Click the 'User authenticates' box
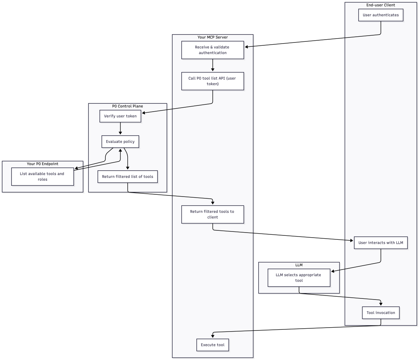coord(381,15)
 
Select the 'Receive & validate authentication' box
coord(213,50)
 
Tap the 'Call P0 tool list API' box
coord(213,81)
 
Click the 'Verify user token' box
coord(120,116)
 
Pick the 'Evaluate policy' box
coord(120,141)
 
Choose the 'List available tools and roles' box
coord(42,176)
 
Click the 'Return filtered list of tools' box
coord(127,176)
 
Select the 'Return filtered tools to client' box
coord(213,214)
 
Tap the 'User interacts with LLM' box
coord(381,243)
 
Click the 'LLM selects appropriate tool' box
coord(299,278)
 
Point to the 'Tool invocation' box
coord(381,312)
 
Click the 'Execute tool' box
coord(213,345)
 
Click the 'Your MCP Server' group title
coord(213,37)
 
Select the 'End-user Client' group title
coord(381,5)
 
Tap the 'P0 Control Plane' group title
coord(127,106)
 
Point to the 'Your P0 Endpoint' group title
coord(42,164)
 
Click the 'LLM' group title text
coord(299,265)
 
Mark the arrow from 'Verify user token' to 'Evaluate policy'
coord(120,128)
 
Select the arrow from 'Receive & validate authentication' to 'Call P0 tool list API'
coord(213,65)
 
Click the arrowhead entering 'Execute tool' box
coord(213,336)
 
